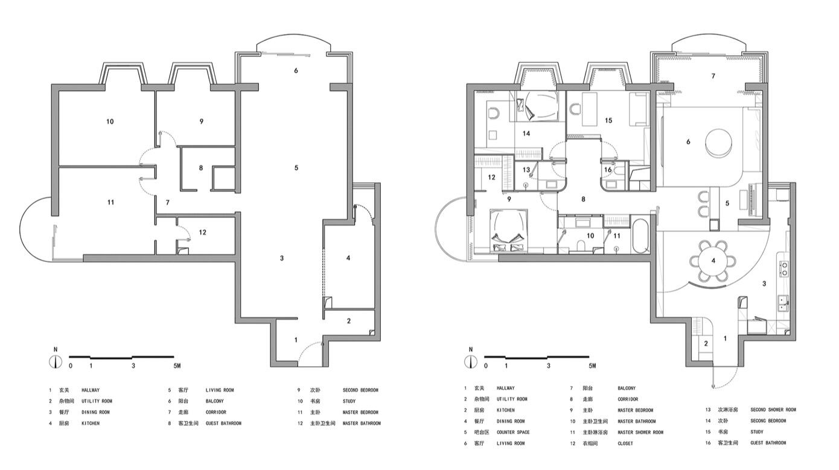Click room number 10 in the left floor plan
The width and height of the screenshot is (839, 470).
110,122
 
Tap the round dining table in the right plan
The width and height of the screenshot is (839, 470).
713,261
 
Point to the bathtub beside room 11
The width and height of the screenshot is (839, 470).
640,237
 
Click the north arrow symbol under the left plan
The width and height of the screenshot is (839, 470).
56,361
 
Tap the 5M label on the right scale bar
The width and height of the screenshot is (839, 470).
592,366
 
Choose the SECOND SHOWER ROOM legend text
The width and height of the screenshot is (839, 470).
773,410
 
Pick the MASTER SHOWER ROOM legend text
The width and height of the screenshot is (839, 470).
640,433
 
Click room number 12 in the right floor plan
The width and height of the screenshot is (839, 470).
492,177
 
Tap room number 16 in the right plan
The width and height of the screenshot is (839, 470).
608,170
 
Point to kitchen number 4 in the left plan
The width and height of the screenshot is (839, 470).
348,258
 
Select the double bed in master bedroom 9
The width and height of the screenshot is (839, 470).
507,230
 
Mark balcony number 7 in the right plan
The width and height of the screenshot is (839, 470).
713,76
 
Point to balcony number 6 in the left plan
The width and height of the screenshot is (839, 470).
296,71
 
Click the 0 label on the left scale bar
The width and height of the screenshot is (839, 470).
71,366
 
